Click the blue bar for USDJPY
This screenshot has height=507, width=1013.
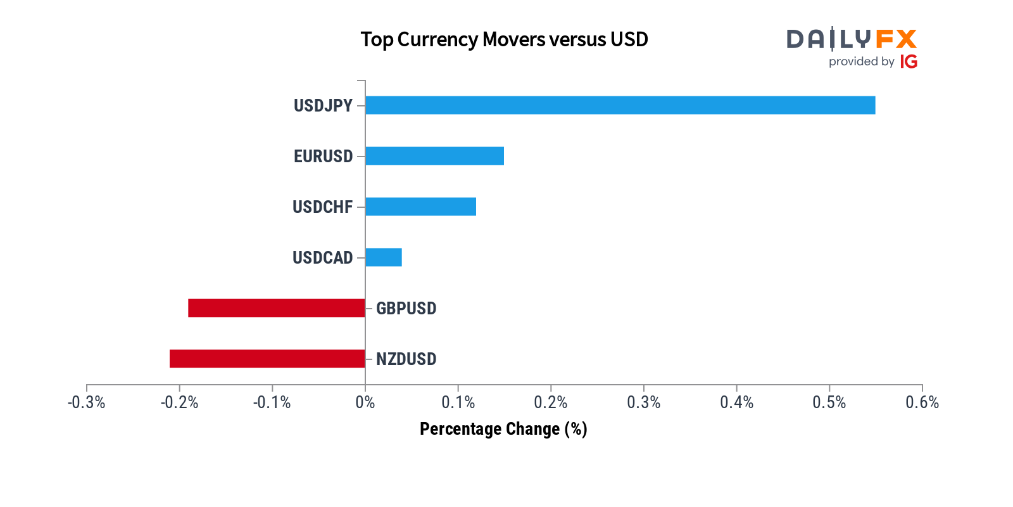coord(620,105)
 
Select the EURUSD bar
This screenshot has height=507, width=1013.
coord(435,156)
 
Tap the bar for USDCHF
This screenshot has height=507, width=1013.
coord(421,207)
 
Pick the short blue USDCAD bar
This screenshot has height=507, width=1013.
coord(384,257)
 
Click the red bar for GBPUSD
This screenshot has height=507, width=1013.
coord(277,308)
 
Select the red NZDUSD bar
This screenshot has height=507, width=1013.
coord(267,359)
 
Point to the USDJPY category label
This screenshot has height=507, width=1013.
coord(323,106)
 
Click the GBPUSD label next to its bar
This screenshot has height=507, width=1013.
coord(406,309)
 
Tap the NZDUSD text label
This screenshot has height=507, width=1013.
coord(406,359)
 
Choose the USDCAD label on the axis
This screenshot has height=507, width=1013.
coord(322,258)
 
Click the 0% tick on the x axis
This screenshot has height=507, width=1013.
coord(365,402)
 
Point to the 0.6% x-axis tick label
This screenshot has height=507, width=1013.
coord(922,402)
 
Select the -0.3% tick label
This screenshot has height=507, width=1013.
coord(87,402)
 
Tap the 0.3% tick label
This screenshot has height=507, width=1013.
coord(643,402)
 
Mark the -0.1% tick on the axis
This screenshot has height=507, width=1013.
coord(272,402)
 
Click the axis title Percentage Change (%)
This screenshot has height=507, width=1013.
coord(503,429)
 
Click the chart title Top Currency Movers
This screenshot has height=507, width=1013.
coord(504,39)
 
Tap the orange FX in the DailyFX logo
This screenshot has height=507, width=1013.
coord(897,39)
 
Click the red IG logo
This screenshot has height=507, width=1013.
coord(909,61)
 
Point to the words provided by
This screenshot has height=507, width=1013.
coord(861,61)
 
